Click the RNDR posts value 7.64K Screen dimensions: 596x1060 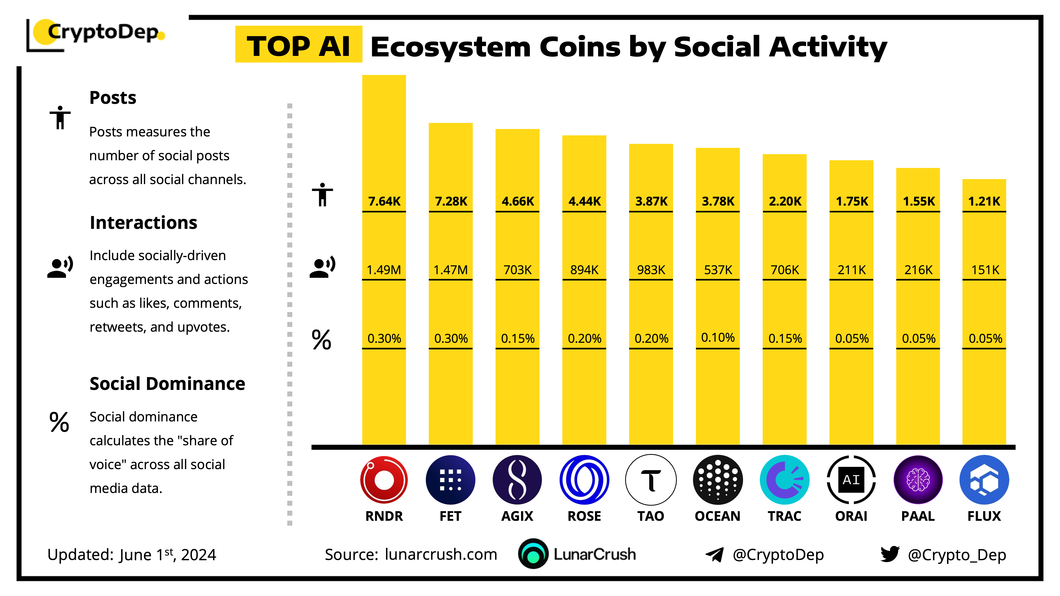[x=384, y=201]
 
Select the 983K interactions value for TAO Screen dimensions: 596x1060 [x=651, y=270]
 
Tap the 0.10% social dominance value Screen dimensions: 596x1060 [x=718, y=338]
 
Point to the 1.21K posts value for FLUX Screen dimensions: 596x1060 [x=984, y=201]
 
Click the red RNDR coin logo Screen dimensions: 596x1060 [x=384, y=480]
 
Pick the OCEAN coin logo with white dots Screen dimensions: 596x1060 [x=718, y=480]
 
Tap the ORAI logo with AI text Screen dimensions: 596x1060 [x=851, y=480]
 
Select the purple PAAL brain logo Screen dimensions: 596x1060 [x=918, y=480]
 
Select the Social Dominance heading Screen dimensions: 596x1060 [x=167, y=383]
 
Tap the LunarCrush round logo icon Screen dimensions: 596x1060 [x=533, y=554]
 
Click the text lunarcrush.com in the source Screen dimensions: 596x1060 [x=441, y=554]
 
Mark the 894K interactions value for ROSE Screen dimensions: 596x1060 [x=584, y=270]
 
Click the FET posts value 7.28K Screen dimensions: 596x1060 [x=451, y=201]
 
